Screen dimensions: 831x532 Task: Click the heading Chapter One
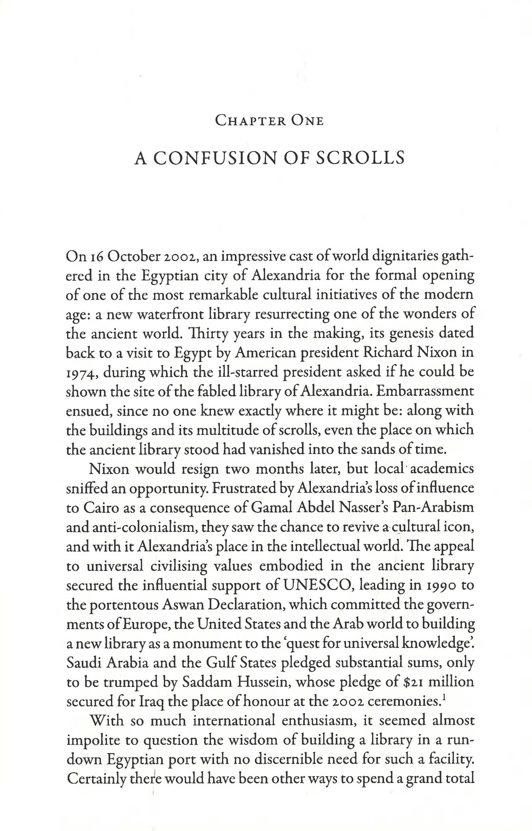(269, 121)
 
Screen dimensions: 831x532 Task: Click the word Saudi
(84, 662)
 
